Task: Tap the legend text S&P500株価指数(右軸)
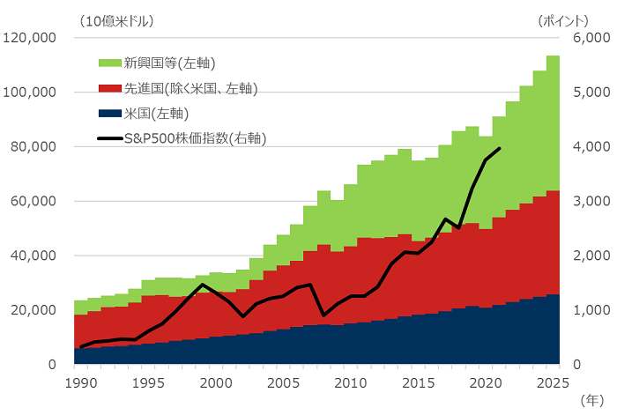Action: click(195, 138)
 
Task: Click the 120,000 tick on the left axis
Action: click(31, 38)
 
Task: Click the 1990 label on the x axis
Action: click(80, 383)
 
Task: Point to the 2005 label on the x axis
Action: click(282, 383)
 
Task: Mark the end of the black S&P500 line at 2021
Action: click(500, 148)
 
